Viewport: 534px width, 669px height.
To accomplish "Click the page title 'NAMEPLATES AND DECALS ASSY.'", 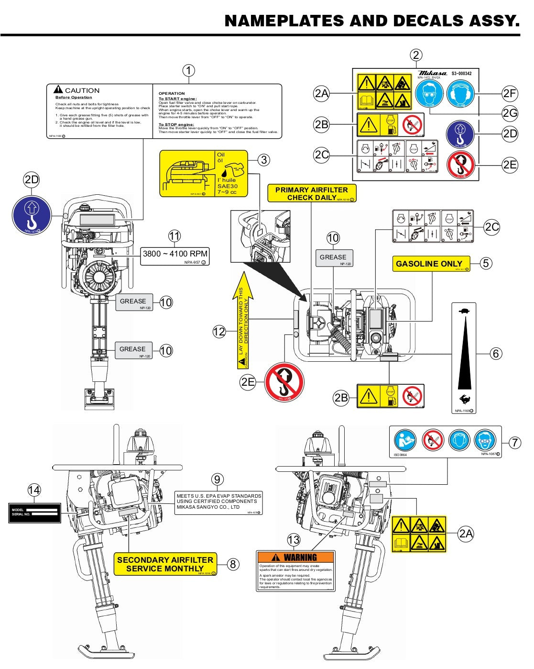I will point(371,21).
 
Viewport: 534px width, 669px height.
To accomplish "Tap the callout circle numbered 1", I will point(189,71).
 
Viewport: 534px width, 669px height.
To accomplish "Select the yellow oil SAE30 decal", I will point(204,173).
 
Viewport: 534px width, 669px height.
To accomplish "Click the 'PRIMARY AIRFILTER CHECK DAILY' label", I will point(312,193).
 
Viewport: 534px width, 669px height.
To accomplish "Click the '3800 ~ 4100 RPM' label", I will point(175,255).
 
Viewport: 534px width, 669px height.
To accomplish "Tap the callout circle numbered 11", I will point(174,236).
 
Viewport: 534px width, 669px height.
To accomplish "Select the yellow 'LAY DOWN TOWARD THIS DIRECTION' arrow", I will point(244,321).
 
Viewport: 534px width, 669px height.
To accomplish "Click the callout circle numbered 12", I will point(219,332).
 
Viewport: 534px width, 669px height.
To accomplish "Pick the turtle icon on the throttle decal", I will point(464,311).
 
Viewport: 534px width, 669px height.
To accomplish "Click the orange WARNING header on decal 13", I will point(295,557).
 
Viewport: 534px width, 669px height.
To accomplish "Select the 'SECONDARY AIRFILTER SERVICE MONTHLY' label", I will point(165,564).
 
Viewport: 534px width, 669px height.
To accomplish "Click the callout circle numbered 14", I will point(34,490).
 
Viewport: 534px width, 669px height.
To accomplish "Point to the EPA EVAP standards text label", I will point(218,502).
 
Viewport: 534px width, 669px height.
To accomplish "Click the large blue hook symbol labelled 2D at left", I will point(32,215).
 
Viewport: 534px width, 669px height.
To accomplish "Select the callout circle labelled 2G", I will point(510,113).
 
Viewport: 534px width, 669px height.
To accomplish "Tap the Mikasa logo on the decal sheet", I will point(432,73).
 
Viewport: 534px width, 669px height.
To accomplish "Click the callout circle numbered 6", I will point(496,354).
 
